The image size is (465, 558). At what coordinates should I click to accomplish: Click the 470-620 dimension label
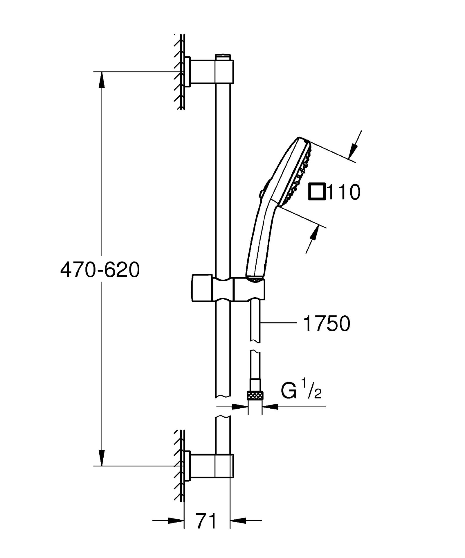[100, 270]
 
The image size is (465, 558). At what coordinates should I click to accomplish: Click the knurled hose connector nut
[255, 396]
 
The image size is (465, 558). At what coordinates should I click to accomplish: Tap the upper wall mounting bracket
[209, 71]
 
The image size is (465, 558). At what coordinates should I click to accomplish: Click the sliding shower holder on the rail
[228, 288]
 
